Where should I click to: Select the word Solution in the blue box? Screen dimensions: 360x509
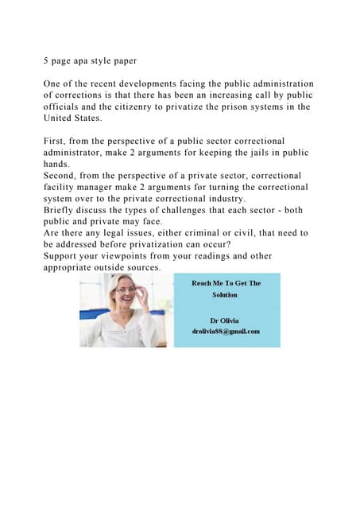pos(225,294)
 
